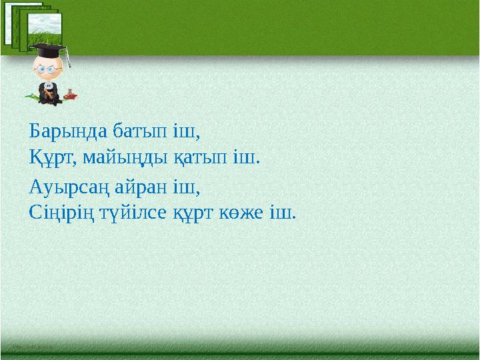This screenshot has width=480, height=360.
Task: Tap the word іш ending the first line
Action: click(185, 130)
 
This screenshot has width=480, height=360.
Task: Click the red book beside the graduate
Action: click(72, 96)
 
